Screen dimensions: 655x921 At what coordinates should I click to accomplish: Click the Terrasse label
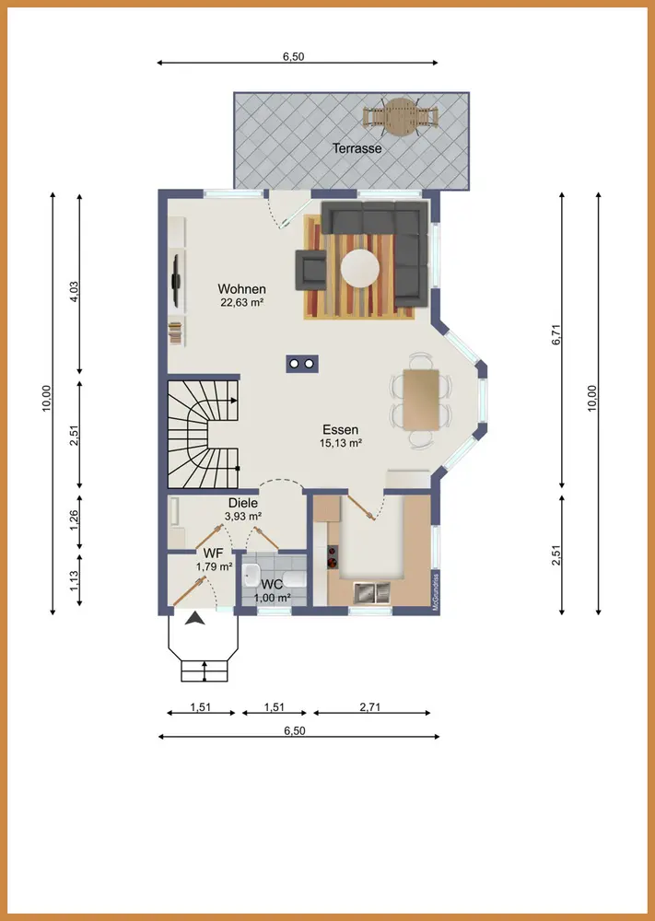[x=357, y=148]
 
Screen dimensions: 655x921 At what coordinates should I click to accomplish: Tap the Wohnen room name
[x=241, y=289]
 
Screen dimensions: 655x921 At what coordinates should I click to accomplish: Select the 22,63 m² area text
[x=241, y=303]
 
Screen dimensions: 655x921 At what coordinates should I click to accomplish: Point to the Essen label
[x=341, y=429]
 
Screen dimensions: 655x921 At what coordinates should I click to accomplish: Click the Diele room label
[x=243, y=504]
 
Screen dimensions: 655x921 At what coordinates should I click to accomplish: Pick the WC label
[x=272, y=585]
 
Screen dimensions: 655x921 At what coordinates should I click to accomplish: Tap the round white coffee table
[x=360, y=268]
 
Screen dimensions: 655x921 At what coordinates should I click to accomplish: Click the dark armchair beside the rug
[x=310, y=270]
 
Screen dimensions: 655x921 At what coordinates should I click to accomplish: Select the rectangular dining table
[x=421, y=400]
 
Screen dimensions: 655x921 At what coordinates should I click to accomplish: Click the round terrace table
[x=401, y=117]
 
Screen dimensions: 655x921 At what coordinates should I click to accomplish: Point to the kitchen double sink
[x=372, y=592]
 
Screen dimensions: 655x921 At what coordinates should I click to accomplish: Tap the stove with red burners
[x=333, y=557]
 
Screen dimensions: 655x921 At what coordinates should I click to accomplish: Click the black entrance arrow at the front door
[x=195, y=618]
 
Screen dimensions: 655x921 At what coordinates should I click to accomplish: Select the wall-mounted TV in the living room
[x=176, y=280]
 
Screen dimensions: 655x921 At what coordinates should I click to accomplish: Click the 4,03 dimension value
[x=74, y=291]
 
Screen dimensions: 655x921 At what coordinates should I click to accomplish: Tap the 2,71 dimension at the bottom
[x=370, y=706]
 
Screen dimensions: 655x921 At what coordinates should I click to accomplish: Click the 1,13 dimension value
[x=74, y=580]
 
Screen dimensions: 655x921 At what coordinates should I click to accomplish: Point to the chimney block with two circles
[x=302, y=364]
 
